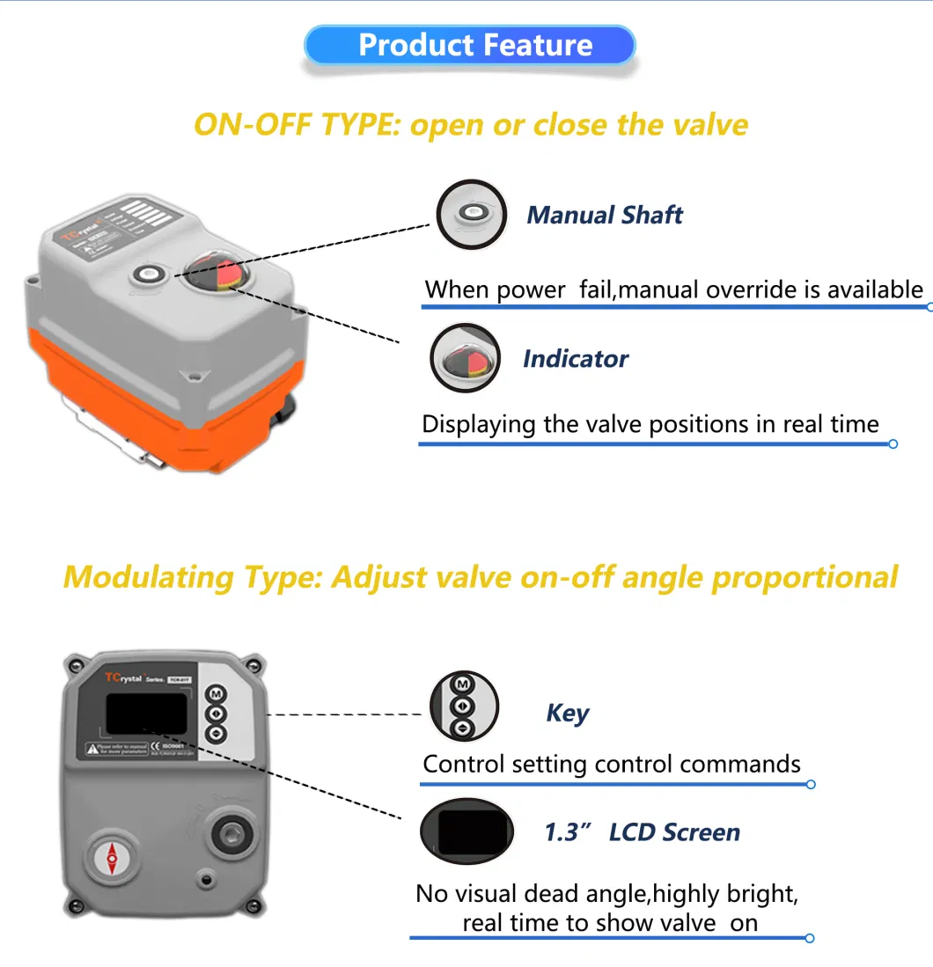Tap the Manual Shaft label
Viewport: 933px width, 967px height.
point(604,216)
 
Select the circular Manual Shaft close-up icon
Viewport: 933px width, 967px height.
point(472,214)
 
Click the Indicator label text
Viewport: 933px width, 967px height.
point(575,359)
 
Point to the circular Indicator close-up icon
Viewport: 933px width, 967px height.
point(465,358)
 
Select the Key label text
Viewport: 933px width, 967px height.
point(568,713)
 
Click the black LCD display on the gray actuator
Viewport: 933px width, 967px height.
point(146,713)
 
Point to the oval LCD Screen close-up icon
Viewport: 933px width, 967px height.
point(466,831)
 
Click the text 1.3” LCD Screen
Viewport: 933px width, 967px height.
point(642,832)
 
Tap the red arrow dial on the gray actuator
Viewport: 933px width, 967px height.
point(112,858)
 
